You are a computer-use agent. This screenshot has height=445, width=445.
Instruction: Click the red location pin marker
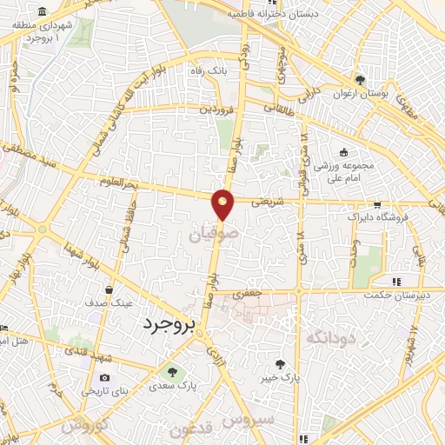223,204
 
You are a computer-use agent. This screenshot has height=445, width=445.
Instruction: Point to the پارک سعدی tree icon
171,371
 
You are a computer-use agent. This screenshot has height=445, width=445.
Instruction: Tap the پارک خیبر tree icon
280,365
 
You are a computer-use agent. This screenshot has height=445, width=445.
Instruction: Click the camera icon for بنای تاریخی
105,378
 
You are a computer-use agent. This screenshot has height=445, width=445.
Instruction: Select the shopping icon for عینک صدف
109,290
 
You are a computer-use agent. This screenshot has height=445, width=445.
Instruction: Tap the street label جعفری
271,294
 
